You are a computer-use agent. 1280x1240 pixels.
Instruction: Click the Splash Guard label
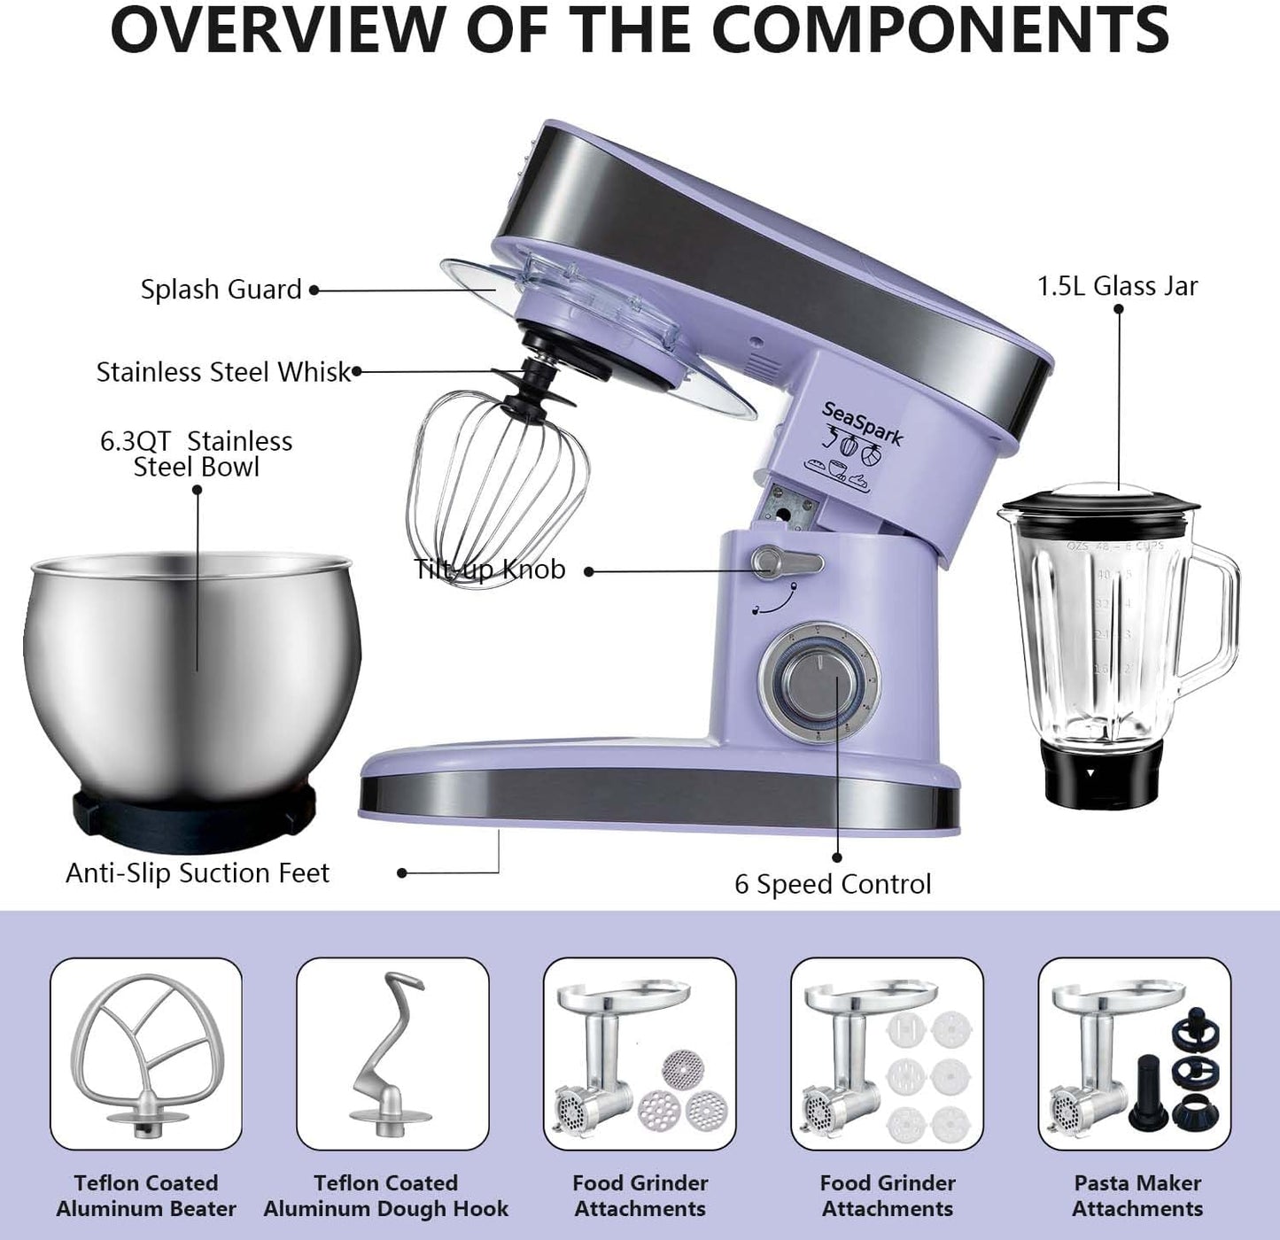pos(221,290)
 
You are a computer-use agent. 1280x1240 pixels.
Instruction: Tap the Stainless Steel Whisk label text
pos(223,372)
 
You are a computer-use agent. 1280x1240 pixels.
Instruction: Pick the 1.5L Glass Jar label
pos(1117,286)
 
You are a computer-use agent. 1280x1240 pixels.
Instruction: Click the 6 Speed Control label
pos(833,884)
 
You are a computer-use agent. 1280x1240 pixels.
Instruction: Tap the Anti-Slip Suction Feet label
pos(197,873)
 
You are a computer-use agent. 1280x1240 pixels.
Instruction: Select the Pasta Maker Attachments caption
pos(1137,1196)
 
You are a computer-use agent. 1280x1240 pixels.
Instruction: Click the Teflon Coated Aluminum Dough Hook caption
pos(385,1196)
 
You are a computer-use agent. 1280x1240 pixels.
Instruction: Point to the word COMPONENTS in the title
pos(940,30)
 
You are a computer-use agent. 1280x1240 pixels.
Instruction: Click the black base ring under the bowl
pos(193,810)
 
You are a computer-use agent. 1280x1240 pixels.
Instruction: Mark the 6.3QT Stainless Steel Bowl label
pos(196,453)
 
